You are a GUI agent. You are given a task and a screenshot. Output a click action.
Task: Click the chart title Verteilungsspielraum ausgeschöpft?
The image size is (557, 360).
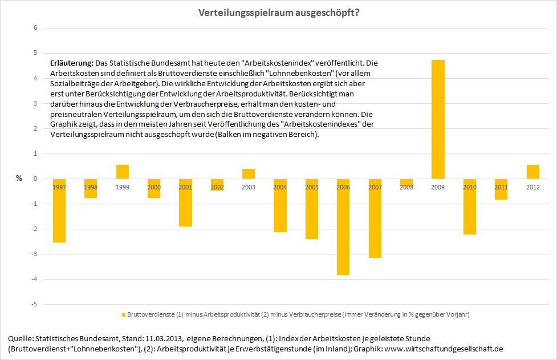click(278, 13)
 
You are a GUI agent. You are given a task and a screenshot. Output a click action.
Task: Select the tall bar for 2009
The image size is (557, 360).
click(438, 119)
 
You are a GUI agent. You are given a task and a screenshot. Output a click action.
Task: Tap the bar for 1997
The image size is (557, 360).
click(59, 211)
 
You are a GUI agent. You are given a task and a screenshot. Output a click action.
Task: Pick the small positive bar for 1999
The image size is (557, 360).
click(123, 172)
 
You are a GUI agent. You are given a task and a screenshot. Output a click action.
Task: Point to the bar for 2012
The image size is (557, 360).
click(532, 172)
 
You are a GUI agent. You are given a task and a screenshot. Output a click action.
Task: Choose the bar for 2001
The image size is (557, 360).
click(185, 203)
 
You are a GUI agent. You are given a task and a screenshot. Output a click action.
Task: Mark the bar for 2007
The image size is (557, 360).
click(375, 218)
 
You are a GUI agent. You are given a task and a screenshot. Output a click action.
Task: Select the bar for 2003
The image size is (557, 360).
click(249, 174)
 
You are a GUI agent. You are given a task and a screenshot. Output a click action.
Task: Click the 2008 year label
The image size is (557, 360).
click(406, 187)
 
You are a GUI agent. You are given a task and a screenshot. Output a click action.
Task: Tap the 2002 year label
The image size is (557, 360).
click(217, 187)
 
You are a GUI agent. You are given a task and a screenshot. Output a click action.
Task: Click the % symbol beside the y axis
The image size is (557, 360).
click(19, 179)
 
